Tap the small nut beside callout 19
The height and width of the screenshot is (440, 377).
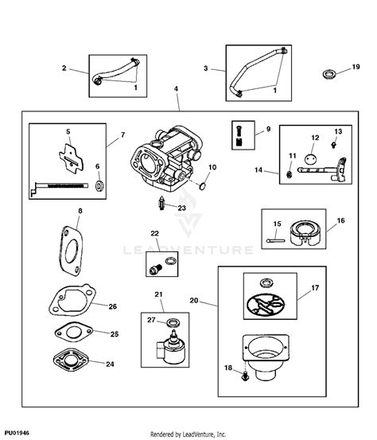pyautogui.click(x=328, y=75)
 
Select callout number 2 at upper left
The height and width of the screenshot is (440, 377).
pyautogui.click(x=64, y=68)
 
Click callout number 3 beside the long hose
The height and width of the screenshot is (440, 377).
pyautogui.click(x=206, y=69)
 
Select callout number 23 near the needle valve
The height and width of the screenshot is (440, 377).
pyautogui.click(x=181, y=208)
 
